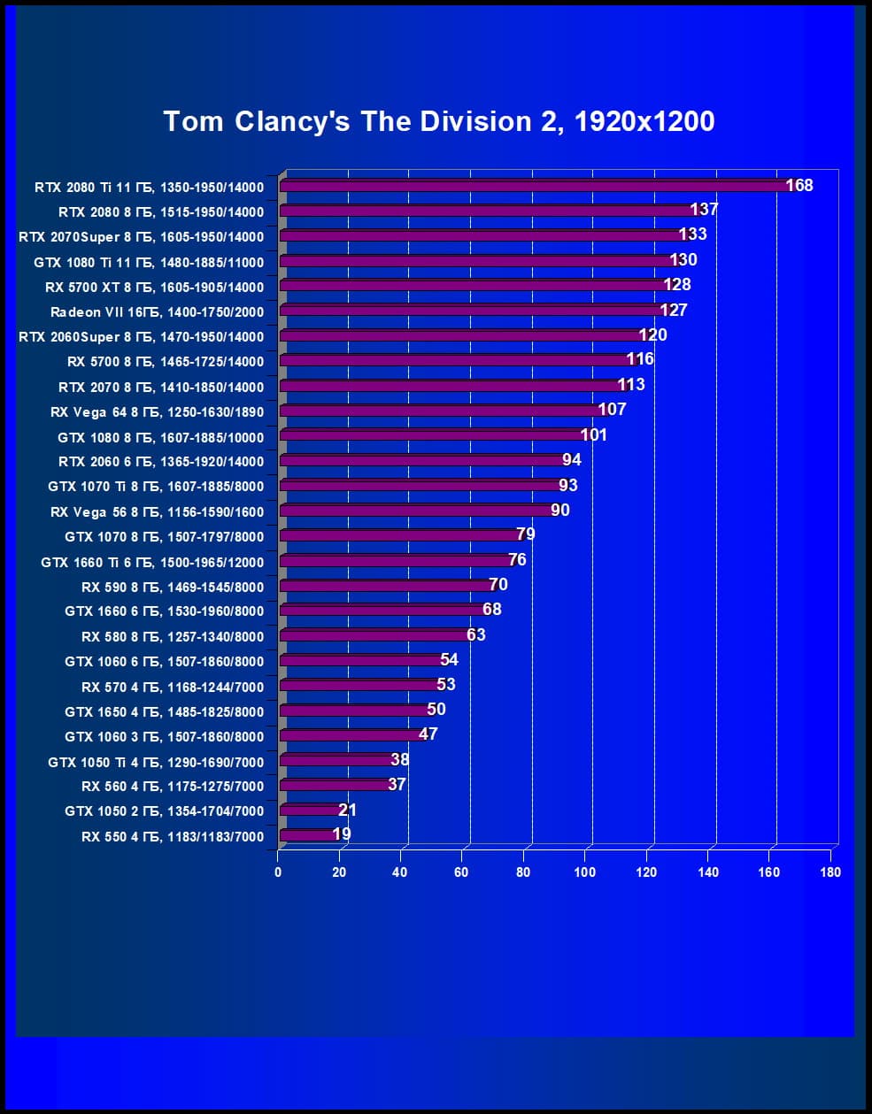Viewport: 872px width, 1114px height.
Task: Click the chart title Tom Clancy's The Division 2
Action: [x=439, y=121]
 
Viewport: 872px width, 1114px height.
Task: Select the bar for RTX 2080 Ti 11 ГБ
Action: [x=531, y=186]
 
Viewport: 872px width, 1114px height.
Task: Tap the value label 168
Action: [x=799, y=185]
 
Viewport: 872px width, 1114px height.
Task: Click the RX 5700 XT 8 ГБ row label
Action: [x=154, y=287]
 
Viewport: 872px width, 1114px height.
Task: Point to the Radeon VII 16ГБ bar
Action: [x=469, y=311]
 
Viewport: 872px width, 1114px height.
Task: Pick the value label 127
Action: [x=674, y=310]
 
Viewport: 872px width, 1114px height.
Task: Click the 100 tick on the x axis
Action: [x=584, y=872]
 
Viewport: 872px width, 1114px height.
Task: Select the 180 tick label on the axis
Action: [x=830, y=872]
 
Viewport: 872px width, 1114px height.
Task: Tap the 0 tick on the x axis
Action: [x=278, y=872]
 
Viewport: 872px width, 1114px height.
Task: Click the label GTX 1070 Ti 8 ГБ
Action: [x=156, y=486]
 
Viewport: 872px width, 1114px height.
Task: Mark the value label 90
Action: [x=559, y=510]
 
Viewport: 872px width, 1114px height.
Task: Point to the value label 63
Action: [x=476, y=634]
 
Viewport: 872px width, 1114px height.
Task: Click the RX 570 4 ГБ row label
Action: [x=173, y=687]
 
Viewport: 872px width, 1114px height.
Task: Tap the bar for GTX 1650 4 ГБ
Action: [x=354, y=711]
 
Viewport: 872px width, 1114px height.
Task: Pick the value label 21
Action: [x=347, y=810]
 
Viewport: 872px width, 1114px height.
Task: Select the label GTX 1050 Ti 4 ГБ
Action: [x=156, y=762]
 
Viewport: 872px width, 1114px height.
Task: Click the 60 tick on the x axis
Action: [x=461, y=872]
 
